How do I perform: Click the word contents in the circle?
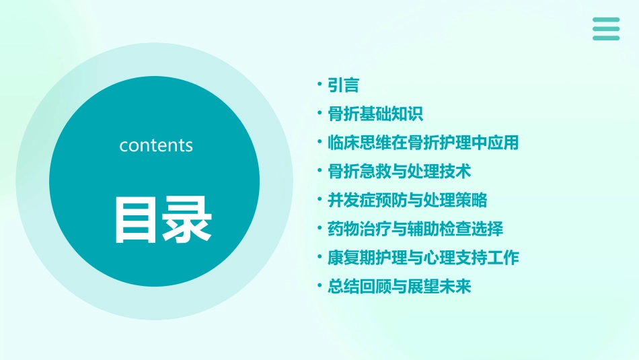tap(156, 145)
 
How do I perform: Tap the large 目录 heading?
tap(163, 220)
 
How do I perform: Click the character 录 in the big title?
tap(188, 220)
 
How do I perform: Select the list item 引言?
tap(343, 85)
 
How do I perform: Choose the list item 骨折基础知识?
tap(375, 114)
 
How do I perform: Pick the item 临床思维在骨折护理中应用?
tap(423, 143)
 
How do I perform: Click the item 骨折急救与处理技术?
tap(399, 172)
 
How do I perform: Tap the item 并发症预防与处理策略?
tap(407, 201)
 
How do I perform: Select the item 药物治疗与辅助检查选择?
tap(415, 229)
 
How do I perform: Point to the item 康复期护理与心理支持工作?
tap(423, 258)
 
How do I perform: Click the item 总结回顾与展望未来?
tap(399, 287)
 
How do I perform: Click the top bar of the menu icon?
tap(606, 20)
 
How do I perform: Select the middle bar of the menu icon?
tap(606, 29)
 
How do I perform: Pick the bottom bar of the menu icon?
tap(606, 38)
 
